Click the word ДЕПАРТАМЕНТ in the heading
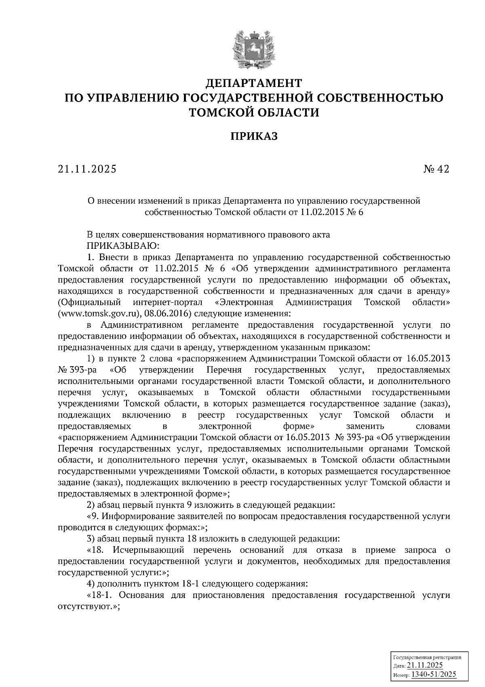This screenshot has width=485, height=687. point(254,83)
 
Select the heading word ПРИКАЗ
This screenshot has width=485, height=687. point(254,136)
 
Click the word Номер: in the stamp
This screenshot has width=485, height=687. point(401,675)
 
